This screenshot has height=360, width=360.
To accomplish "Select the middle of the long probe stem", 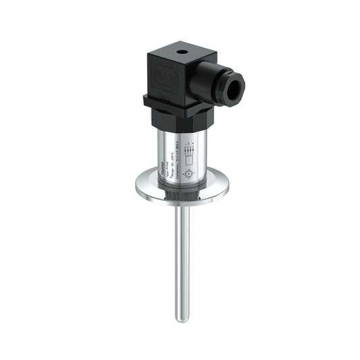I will tap(182, 263).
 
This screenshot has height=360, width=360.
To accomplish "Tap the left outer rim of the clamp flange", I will tap(138, 186).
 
